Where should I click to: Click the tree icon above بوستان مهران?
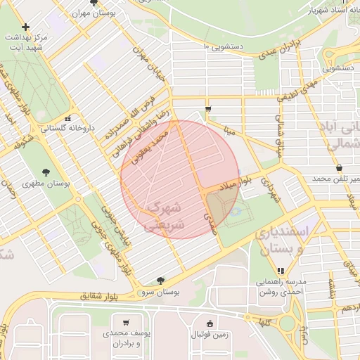click(94, 3)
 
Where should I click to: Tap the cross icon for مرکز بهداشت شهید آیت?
click(26, 27)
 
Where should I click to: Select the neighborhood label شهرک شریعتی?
click(165, 214)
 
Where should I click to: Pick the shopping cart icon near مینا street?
click(208, 108)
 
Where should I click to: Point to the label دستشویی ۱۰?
click(224, 46)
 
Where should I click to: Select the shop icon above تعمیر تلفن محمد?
click(340, 168)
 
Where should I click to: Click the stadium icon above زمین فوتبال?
click(210, 323)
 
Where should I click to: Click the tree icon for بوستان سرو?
click(162, 280)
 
